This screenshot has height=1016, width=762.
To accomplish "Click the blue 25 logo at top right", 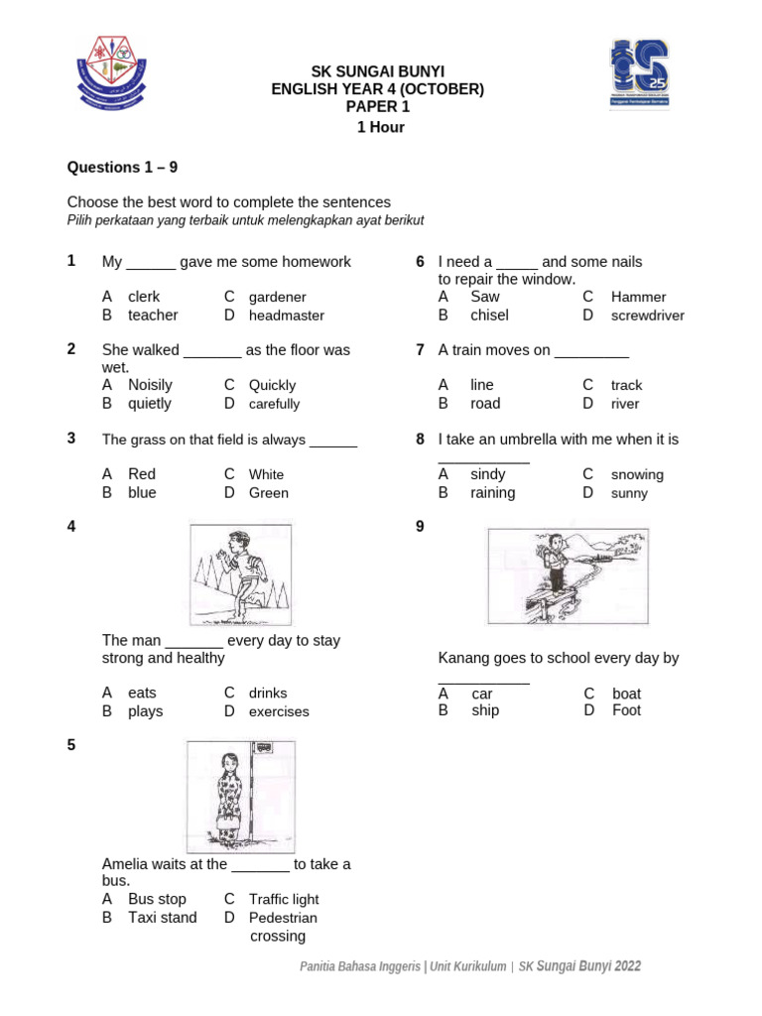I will pos(639,74).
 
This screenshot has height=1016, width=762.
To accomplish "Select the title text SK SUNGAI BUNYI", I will pos(378,71).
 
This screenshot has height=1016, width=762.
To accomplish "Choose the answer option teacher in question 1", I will pos(153,316).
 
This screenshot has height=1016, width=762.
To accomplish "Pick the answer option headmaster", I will pos(287,316).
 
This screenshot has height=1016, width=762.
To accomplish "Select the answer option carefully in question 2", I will pos(274,404).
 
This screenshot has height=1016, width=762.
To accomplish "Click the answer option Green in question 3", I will pos(269,493).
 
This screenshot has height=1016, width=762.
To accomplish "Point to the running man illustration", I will pos(240,574).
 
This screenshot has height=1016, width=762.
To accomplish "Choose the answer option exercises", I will pos(279,711).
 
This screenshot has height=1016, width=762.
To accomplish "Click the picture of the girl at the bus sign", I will pos(240,796).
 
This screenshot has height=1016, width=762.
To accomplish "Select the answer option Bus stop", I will pos(157,899).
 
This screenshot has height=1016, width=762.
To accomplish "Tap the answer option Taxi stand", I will pos(162,918).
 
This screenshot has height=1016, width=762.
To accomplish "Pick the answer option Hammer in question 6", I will pos(638,297).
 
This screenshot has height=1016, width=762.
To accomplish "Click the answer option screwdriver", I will pos(648,316).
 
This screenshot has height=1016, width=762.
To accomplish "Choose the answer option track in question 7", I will pos(626,385).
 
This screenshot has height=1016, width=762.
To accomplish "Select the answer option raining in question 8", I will pos(492,493).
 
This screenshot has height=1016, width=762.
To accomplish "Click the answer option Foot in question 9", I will pos(626,710).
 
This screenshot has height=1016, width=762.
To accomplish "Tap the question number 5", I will pos(71,744).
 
